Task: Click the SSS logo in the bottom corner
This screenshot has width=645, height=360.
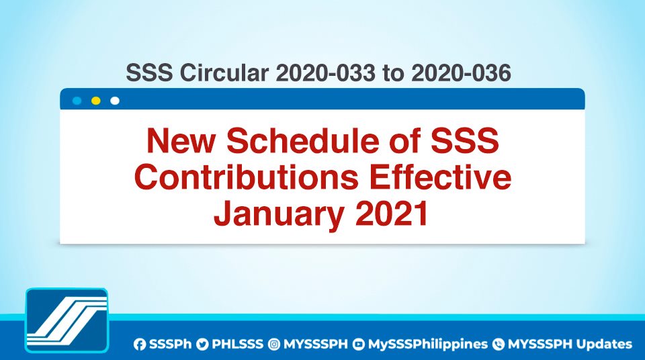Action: pyautogui.click(x=67, y=320)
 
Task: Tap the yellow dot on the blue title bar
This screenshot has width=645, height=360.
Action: pyautogui.click(x=96, y=101)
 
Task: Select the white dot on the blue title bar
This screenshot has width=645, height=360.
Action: pyautogui.click(x=115, y=101)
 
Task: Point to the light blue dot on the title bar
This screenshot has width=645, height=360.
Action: pyautogui.click(x=77, y=101)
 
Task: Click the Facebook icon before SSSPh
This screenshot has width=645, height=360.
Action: pyautogui.click(x=140, y=345)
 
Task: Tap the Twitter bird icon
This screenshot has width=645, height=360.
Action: pyautogui.click(x=202, y=345)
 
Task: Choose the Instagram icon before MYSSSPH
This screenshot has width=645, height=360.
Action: pyautogui.click(x=274, y=345)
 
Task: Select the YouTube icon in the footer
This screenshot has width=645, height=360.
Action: pyautogui.click(x=359, y=345)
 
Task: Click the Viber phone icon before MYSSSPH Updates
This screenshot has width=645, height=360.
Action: pyautogui.click(x=499, y=345)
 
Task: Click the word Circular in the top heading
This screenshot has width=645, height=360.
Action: pyautogui.click(x=224, y=73)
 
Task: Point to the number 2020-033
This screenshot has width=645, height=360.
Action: pyautogui.click(x=325, y=73)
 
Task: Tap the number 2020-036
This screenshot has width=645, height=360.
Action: pyautogui.click(x=461, y=73)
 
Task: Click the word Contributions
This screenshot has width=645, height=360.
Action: pyautogui.click(x=247, y=177)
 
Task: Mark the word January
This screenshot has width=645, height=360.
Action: pyautogui.click(x=279, y=215)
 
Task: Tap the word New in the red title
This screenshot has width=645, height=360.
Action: pyautogui.click(x=181, y=140)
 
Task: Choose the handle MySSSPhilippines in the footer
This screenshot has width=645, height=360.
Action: pyautogui.click(x=427, y=345)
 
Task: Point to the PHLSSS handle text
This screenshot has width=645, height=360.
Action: pyautogui.click(x=237, y=345)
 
